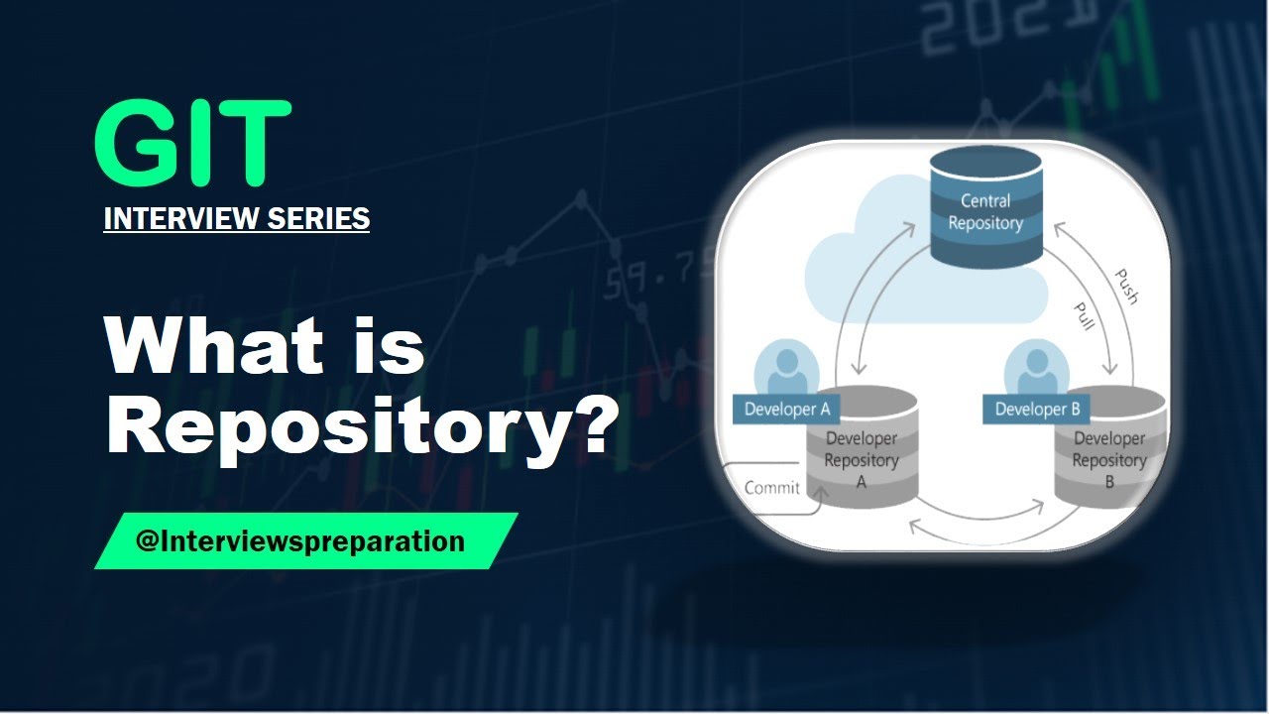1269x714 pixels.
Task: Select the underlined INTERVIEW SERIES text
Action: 236,218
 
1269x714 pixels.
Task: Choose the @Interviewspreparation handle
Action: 300,541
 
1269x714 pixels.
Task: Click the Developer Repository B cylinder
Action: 1108,461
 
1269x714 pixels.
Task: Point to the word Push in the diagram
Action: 1126,286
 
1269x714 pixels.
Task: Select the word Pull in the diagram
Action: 1086,315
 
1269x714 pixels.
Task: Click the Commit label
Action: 771,487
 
